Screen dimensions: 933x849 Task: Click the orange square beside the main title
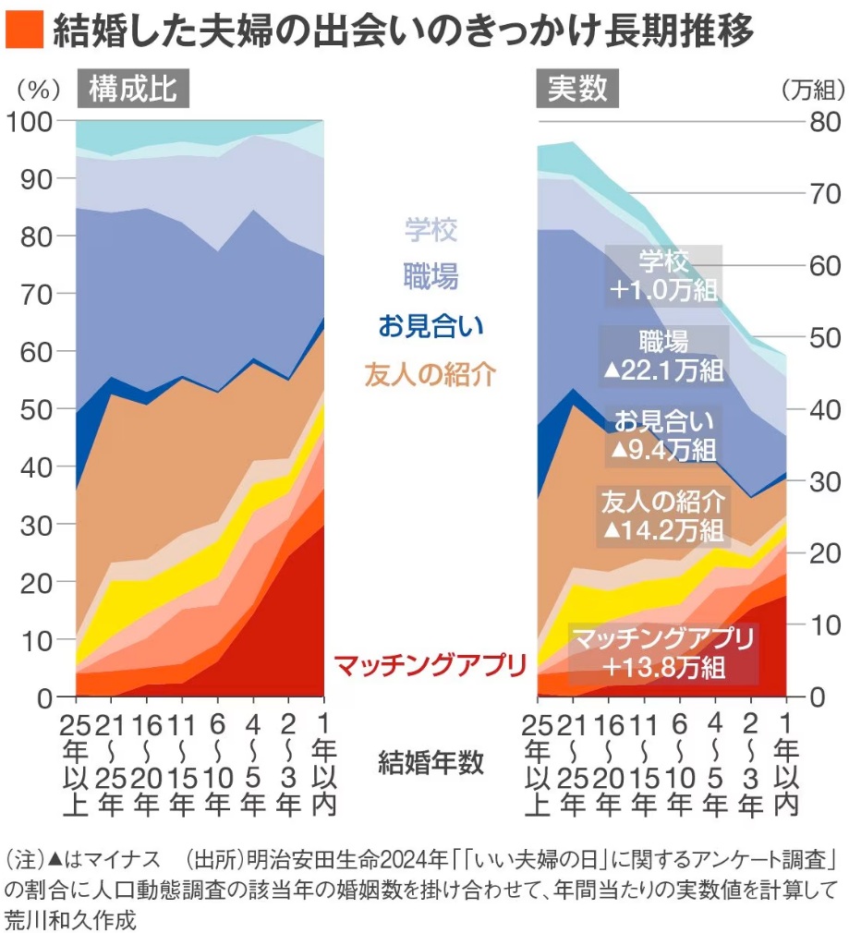(24, 31)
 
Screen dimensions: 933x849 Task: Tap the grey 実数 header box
(577, 90)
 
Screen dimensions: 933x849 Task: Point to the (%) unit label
(38, 91)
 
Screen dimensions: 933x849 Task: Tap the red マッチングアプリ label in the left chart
(430, 665)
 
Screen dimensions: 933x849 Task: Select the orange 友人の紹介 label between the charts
(430, 374)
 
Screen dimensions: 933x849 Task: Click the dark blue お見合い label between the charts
(430, 325)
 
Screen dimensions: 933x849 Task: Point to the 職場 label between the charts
(430, 275)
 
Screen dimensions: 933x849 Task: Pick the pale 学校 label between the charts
(430, 228)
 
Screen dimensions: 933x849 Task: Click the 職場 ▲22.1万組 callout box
(662, 355)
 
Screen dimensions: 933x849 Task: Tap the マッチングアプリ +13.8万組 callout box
(662, 652)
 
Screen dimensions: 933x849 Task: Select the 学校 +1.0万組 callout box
(662, 274)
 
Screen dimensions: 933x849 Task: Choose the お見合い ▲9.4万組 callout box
(662, 435)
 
